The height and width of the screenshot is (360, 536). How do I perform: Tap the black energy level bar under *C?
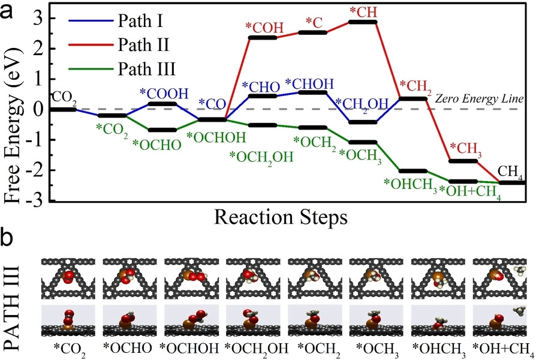pyautogui.click(x=313, y=32)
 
